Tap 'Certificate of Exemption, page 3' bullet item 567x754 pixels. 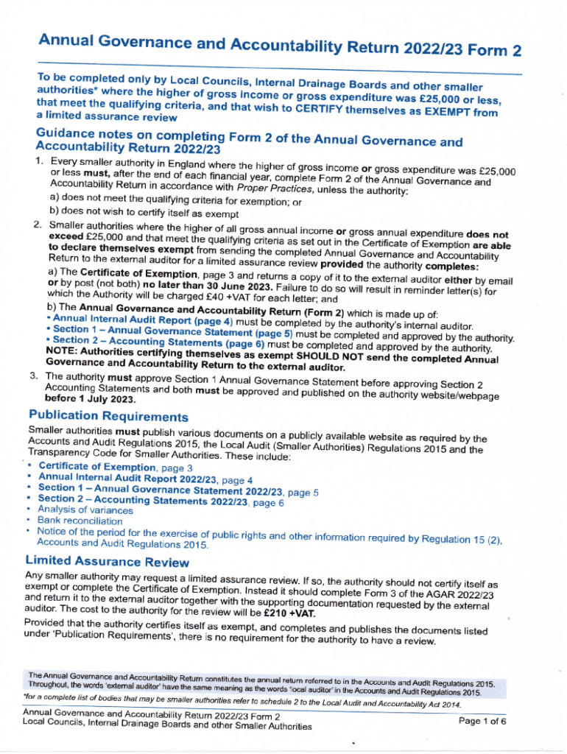pyautogui.click(x=115, y=467)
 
